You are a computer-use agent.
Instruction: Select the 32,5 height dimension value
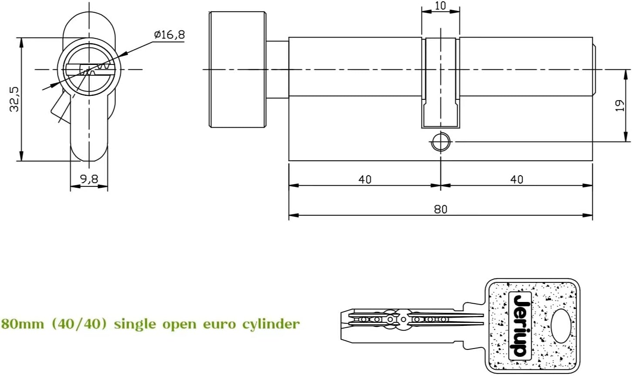(14, 99)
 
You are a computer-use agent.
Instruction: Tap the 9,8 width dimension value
(89, 179)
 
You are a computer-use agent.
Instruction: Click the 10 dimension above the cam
(441, 6)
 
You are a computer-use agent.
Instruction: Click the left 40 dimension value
(365, 179)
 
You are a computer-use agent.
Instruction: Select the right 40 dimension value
(516, 179)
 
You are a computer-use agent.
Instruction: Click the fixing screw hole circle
(441, 142)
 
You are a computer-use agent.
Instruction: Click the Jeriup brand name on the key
(520, 325)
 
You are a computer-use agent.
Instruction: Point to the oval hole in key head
(561, 325)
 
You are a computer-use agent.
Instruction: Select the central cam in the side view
(441, 83)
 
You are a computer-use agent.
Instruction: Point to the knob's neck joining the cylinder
(277, 69)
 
